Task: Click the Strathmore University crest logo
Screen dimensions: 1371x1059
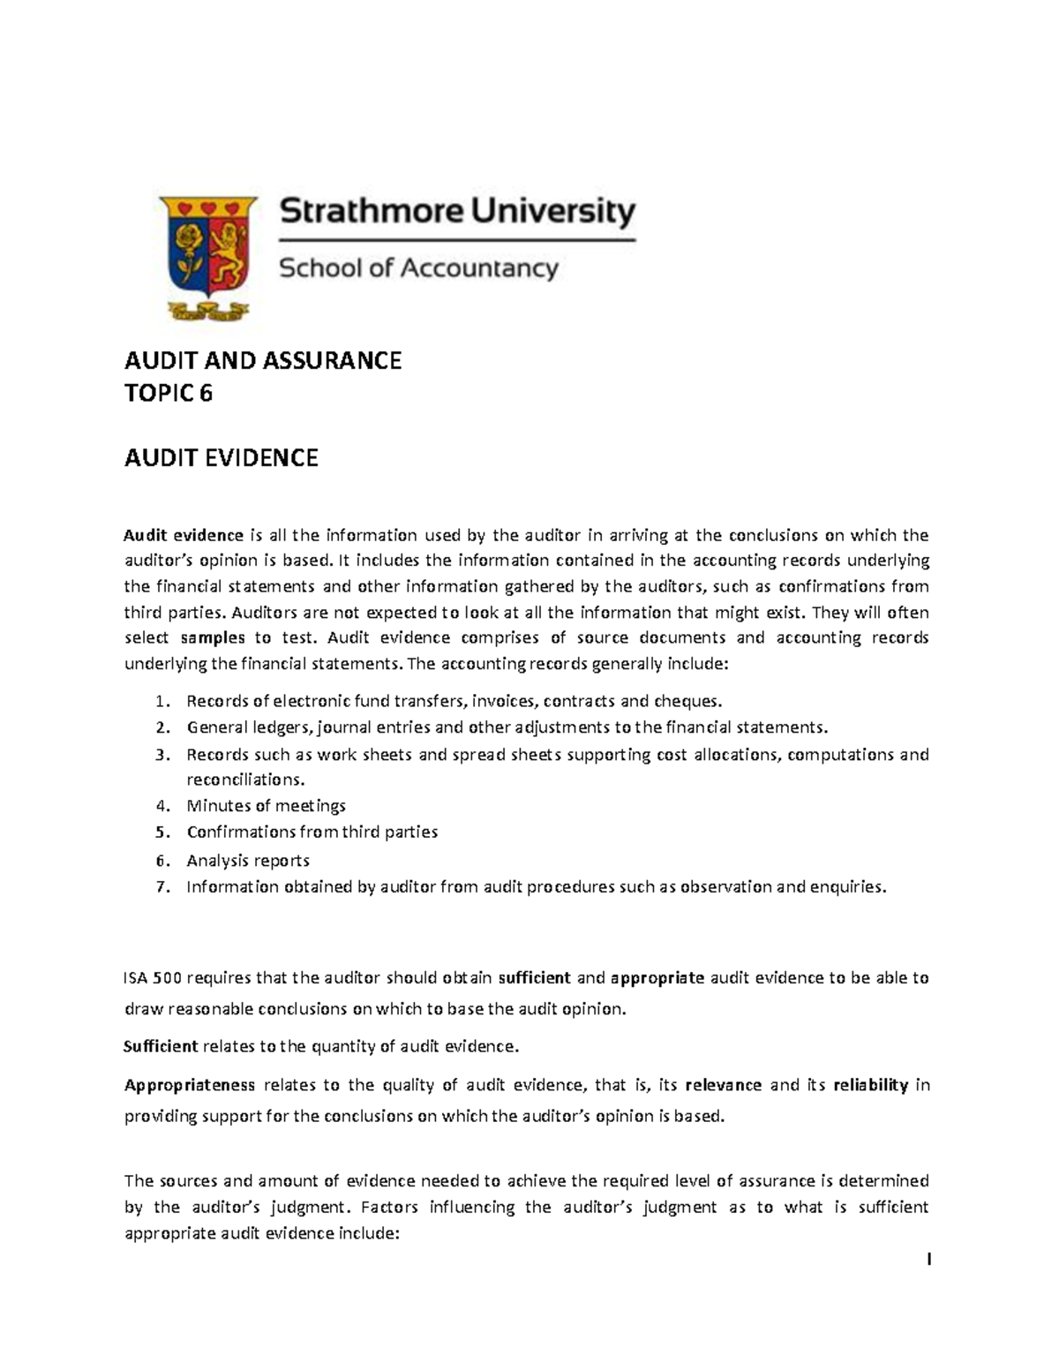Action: (x=208, y=256)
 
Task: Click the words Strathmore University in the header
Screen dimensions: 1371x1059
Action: (x=457, y=214)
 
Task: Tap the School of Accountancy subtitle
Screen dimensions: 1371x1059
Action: (x=418, y=268)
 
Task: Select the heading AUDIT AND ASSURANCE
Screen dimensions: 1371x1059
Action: (x=262, y=360)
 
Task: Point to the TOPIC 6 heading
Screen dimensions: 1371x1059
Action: (x=169, y=394)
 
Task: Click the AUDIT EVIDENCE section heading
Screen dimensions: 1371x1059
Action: (x=221, y=458)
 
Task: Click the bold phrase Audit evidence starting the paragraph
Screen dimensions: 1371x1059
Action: (x=184, y=535)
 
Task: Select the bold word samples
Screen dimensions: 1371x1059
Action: (x=212, y=638)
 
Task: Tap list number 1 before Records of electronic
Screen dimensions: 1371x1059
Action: (x=160, y=702)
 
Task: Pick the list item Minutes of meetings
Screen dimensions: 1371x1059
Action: (x=266, y=806)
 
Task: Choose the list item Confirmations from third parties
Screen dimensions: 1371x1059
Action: (x=312, y=832)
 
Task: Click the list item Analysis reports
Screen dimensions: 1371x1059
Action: (x=247, y=861)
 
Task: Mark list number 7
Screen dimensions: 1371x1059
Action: (x=160, y=888)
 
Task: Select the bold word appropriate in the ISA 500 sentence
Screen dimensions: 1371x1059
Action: (x=657, y=978)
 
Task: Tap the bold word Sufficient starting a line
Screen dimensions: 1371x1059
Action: (x=161, y=1047)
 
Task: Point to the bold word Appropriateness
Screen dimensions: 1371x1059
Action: (x=189, y=1086)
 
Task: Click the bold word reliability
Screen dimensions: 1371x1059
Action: (x=870, y=1086)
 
